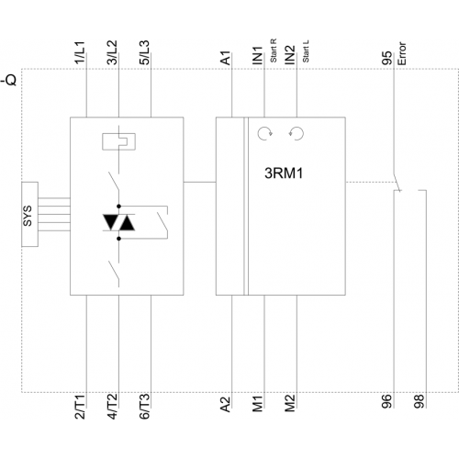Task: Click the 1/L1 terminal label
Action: (x=80, y=52)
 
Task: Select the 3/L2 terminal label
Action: (x=112, y=52)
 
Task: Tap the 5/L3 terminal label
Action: (x=144, y=52)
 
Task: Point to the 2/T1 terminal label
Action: (x=80, y=407)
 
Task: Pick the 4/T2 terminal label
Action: (x=112, y=407)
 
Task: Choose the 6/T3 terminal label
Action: (x=144, y=407)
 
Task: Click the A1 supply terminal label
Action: (x=225, y=58)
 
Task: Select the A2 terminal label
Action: (x=225, y=405)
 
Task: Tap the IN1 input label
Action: (x=258, y=55)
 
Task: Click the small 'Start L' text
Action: (x=306, y=51)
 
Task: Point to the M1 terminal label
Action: (x=258, y=404)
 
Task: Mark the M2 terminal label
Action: (x=290, y=404)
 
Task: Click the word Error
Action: (x=402, y=53)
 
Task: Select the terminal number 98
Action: (x=419, y=401)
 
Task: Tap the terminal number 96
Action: (x=386, y=401)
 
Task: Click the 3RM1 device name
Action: (x=284, y=174)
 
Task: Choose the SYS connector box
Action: (x=29, y=214)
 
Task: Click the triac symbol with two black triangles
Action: (x=118, y=222)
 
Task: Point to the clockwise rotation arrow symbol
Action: (x=264, y=134)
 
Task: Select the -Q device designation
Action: (x=8, y=80)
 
